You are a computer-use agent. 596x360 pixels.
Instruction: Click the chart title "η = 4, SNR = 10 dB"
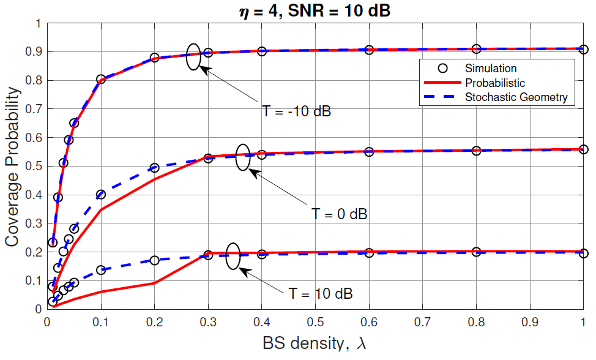314,10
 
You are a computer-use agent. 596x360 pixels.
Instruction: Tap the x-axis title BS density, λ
315,343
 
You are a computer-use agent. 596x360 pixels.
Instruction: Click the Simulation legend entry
490,68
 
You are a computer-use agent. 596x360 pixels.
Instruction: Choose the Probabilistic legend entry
494,82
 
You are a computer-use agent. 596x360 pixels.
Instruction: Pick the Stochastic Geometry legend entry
516,97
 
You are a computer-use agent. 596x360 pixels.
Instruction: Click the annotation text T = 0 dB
340,214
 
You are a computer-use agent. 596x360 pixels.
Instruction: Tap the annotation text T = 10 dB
321,293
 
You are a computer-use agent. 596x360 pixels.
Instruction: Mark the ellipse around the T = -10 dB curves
193,57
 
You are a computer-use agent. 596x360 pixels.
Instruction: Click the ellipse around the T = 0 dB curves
243,157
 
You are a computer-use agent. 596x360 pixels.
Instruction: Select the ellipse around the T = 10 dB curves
233,256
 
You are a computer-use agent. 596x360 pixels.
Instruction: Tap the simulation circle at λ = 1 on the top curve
584,50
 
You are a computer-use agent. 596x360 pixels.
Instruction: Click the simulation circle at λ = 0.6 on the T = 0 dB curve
369,152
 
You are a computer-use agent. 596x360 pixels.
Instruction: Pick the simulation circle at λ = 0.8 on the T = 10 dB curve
477,252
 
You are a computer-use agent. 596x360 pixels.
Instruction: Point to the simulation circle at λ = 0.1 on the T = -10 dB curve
101,80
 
